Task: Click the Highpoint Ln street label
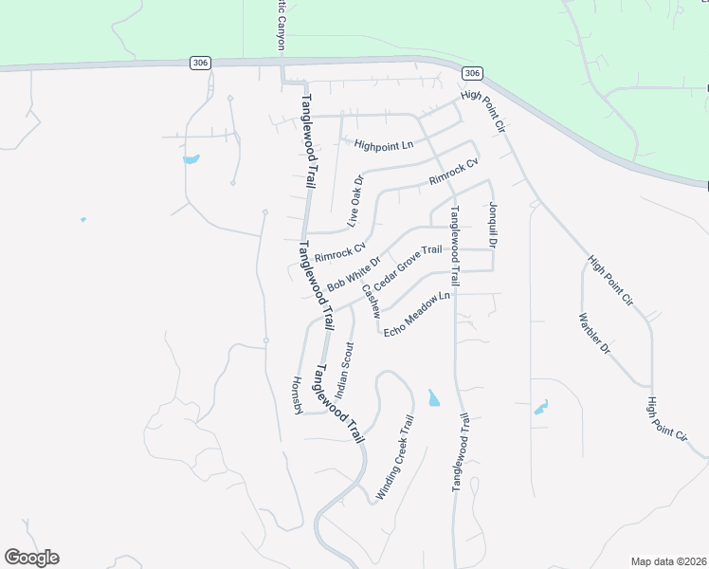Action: pyautogui.click(x=385, y=145)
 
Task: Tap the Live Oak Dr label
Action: pyautogui.click(x=355, y=201)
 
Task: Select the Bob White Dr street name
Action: pyautogui.click(x=354, y=274)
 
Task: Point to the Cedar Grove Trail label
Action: pyautogui.click(x=408, y=268)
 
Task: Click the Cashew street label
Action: pyautogui.click(x=371, y=301)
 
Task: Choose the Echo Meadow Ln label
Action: pyautogui.click(x=415, y=312)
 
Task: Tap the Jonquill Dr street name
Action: pyautogui.click(x=493, y=225)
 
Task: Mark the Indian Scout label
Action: pyautogui.click(x=344, y=370)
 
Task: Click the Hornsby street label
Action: pyautogui.click(x=296, y=395)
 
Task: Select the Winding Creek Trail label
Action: pyautogui.click(x=396, y=458)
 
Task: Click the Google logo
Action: pyautogui.click(x=31, y=558)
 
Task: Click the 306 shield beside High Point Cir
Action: pyautogui.click(x=473, y=73)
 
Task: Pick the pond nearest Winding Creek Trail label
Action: pyautogui.click(x=433, y=398)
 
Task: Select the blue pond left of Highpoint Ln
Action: pyautogui.click(x=191, y=158)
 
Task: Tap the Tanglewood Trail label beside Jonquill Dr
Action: pyautogui.click(x=455, y=247)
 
